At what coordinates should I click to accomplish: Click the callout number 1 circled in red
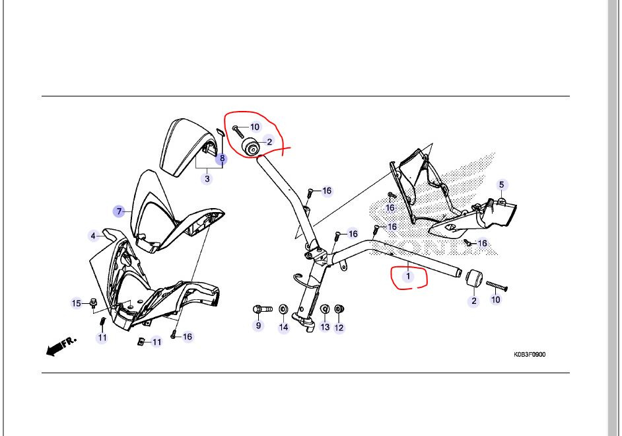[x=408, y=276]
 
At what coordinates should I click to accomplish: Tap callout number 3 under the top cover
[x=207, y=179]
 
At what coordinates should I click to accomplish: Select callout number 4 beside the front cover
[x=93, y=236]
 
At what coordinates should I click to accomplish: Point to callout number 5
[x=501, y=185]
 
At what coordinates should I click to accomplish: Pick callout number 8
[x=222, y=159]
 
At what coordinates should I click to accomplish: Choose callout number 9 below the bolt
[x=259, y=326]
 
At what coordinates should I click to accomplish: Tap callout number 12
[x=339, y=328]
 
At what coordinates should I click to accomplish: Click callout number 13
[x=326, y=327]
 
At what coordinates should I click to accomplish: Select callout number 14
[x=284, y=327]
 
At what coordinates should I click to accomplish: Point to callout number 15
[x=77, y=303]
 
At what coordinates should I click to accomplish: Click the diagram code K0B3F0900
[x=530, y=354]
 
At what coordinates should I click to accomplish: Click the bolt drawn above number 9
[x=262, y=309]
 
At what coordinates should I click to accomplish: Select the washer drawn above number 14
[x=284, y=309]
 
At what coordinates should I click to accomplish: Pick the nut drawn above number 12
[x=339, y=309]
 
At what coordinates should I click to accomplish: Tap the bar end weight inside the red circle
[x=250, y=147]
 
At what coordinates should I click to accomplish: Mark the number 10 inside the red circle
[x=255, y=127]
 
